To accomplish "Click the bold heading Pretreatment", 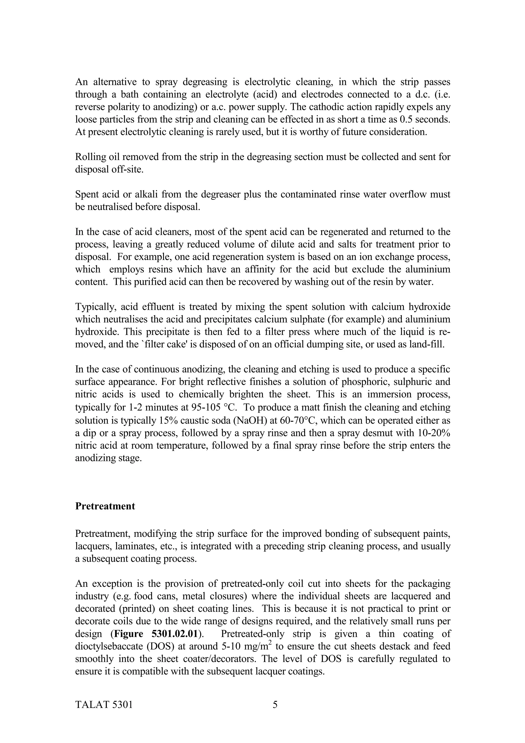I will [x=105, y=506].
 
